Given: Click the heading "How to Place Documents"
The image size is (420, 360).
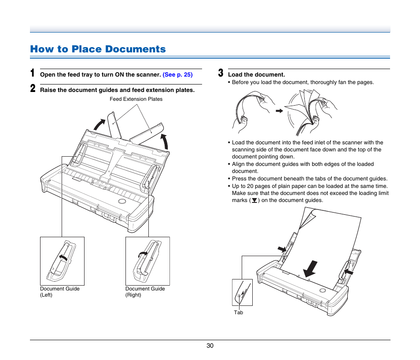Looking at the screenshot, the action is tap(98, 49).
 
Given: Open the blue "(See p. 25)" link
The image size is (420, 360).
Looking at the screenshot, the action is tap(177, 75).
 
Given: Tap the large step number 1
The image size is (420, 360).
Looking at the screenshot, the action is tap(33, 73).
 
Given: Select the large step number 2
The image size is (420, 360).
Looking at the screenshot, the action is tap(33, 88).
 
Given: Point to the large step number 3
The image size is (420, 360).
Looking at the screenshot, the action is tap(221, 73).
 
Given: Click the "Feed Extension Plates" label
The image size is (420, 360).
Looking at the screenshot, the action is tap(136, 99).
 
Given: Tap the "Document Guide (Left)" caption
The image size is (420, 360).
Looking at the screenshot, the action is tap(60, 292).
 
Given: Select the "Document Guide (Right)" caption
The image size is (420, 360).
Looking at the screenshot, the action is tap(145, 292).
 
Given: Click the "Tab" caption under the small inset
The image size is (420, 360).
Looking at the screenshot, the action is tap(238, 312).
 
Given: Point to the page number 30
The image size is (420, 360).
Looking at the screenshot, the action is tap(210, 346).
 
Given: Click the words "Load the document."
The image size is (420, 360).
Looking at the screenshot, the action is tap(256, 75).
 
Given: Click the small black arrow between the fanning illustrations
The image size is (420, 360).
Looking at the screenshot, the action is tap(279, 111).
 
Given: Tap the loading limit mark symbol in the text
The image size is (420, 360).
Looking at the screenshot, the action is tap(254, 200).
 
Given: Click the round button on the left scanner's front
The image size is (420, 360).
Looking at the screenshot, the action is tap(122, 202).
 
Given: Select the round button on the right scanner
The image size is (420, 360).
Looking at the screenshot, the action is tap(323, 290).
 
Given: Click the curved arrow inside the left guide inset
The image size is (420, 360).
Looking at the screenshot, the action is tap(64, 257).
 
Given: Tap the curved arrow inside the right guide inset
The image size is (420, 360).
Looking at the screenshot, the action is tap(143, 253).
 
